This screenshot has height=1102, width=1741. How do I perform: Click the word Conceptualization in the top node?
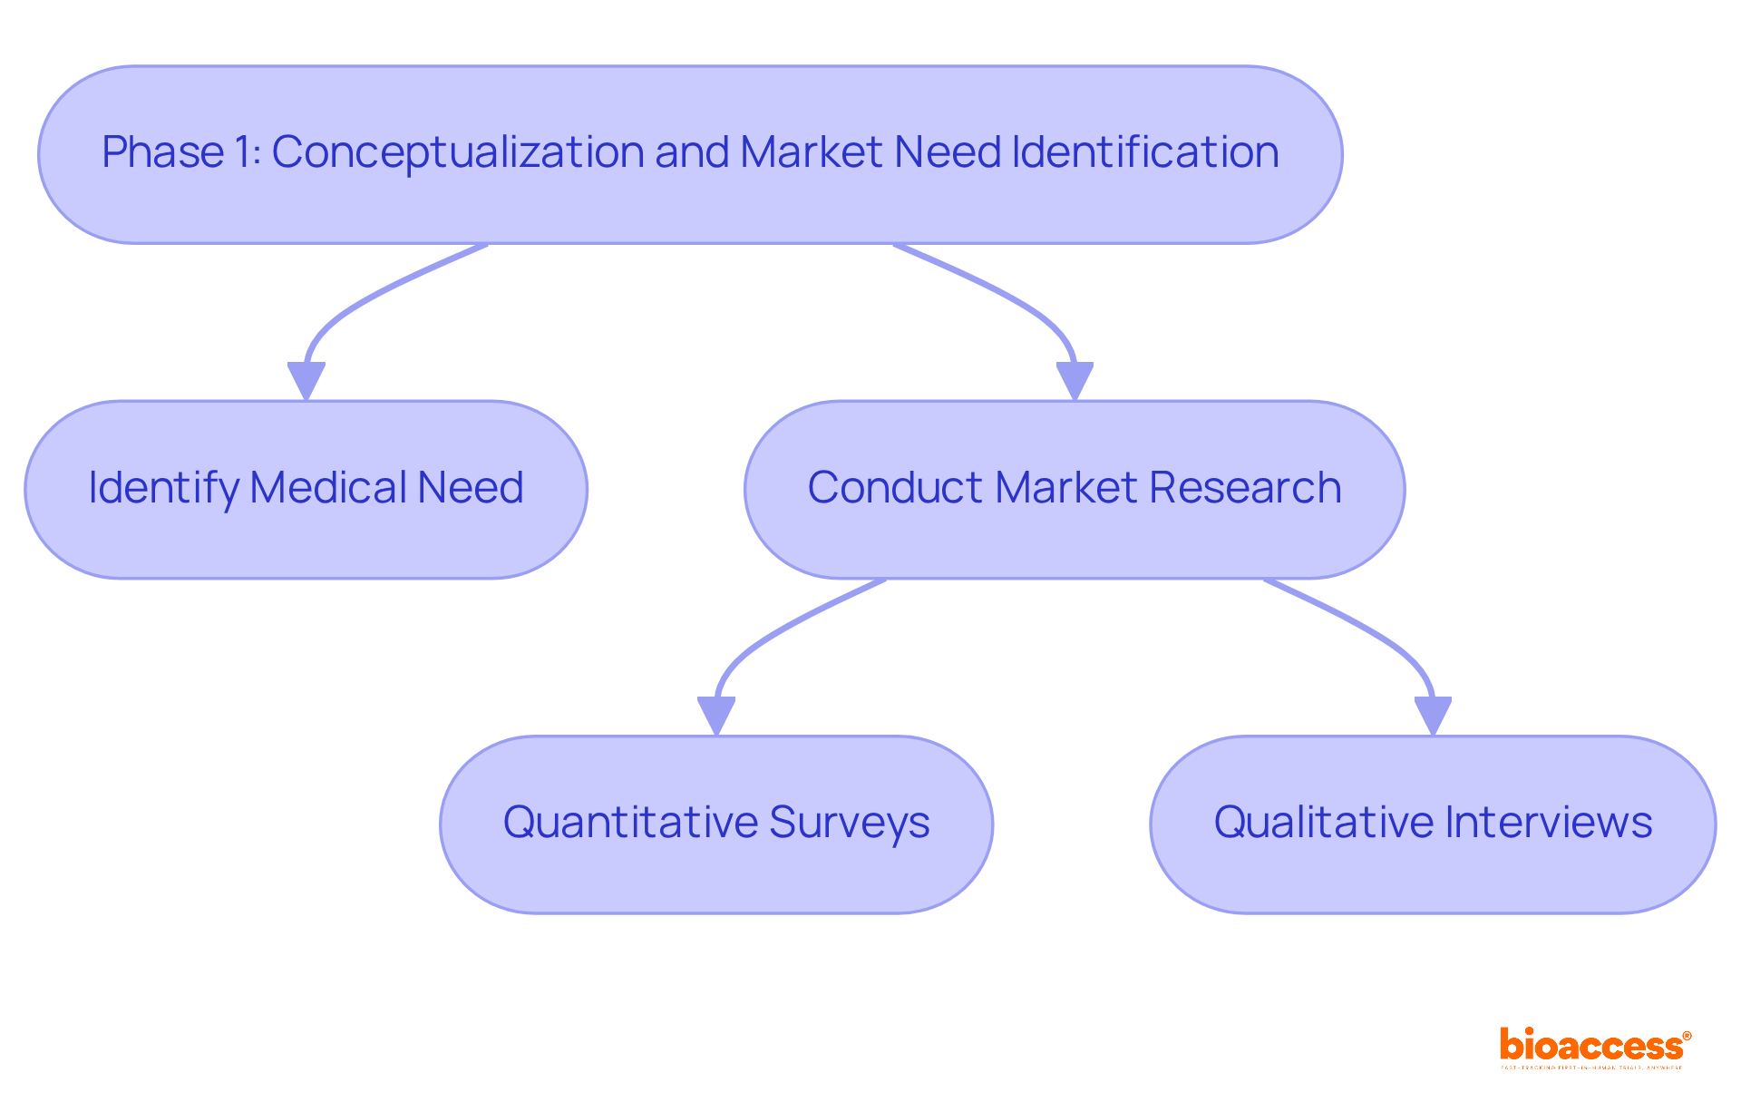457,151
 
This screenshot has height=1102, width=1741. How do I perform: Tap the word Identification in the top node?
1144,151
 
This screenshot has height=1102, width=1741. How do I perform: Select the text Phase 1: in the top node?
181,151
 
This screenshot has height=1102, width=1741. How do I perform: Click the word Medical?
327,488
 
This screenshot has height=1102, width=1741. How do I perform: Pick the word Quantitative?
630,823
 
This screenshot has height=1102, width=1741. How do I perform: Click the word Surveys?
850,823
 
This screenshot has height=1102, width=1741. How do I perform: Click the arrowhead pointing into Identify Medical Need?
306,379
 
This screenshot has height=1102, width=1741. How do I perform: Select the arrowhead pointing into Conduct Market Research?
1075,379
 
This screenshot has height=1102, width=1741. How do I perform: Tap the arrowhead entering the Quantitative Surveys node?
716,714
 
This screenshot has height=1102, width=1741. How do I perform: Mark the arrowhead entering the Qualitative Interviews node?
1433,714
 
